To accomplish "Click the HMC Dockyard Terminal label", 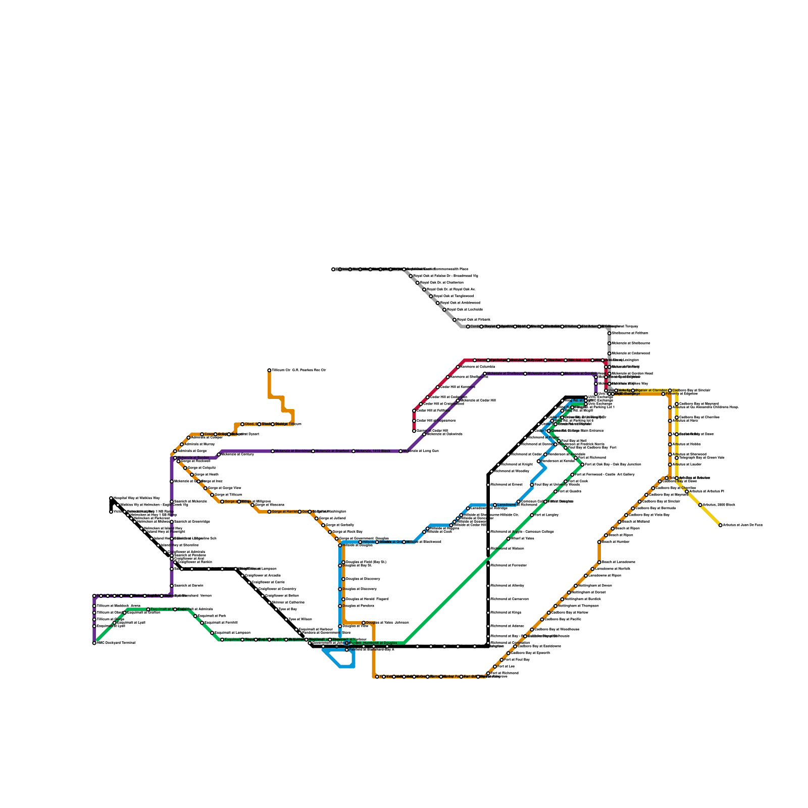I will click(116, 643).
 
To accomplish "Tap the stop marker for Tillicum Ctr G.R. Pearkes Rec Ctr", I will click(269, 370).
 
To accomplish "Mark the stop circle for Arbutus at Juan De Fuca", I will click(721, 525).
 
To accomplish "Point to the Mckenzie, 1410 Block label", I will click(373, 451).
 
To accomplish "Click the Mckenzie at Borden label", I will click(193, 458).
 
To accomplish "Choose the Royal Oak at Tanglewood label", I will click(453, 296).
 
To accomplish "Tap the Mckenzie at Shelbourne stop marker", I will click(485, 374).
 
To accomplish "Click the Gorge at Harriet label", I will click(284, 512).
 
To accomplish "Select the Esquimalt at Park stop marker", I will click(195, 616).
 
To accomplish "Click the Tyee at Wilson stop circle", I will click(286, 620).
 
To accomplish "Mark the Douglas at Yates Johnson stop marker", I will click(364, 623).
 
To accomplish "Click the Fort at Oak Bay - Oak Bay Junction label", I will click(613, 464).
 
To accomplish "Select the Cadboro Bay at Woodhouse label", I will click(557, 629).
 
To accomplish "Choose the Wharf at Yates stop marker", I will click(509, 539).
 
